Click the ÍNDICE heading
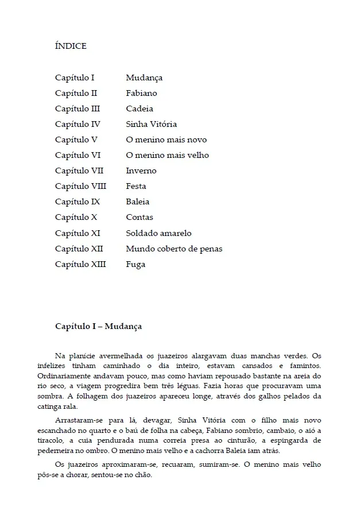click(71, 46)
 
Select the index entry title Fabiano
click(141, 93)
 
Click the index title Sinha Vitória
click(151, 124)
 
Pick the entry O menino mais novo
click(166, 140)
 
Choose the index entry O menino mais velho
click(167, 155)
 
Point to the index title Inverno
click(141, 171)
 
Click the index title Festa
click(136, 186)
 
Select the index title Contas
click(140, 217)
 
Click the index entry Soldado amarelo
click(158, 233)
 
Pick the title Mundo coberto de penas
click(174, 249)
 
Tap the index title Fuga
click(136, 264)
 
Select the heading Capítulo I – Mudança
click(98, 326)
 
